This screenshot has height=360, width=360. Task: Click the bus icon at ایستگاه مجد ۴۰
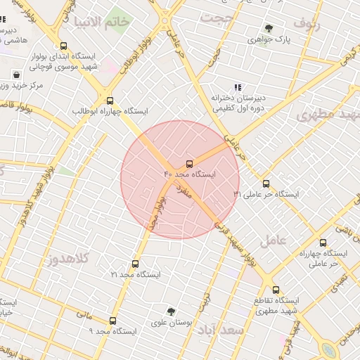click(189, 164)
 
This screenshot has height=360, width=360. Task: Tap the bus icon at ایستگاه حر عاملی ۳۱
click(265, 184)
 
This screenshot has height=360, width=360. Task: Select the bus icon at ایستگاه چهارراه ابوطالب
click(108, 101)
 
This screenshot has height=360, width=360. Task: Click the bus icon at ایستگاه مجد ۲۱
click(135, 264)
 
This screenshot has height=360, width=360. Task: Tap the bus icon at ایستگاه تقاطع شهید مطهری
click(275, 290)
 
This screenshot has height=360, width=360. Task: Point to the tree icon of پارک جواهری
click(268, 29)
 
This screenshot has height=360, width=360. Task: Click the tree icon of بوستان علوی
click(171, 311)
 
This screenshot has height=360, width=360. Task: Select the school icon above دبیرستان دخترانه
click(238, 88)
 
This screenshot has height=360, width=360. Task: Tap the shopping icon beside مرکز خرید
click(16, 75)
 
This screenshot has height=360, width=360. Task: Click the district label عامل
click(274, 239)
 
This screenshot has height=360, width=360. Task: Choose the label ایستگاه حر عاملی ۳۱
click(266, 194)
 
